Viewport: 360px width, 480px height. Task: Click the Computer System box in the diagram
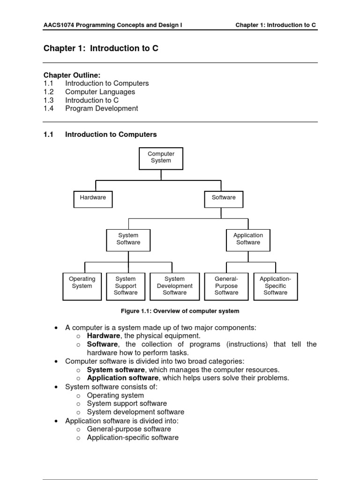coord(161,158)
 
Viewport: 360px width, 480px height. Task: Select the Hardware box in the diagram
coord(93,199)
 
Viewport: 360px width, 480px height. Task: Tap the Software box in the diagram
coord(224,199)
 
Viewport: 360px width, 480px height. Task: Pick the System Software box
coord(128,240)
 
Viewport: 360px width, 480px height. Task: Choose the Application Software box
coord(248,240)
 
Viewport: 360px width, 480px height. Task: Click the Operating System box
coord(82,286)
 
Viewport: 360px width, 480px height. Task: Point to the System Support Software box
coord(126,286)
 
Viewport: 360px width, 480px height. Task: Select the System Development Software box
coord(174,286)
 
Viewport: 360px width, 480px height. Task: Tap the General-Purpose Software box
coord(226,286)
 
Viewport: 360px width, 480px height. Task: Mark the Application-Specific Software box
coord(275,286)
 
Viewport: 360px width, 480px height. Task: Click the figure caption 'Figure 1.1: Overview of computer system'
coord(180,311)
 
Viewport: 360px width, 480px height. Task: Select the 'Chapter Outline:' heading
coord(72,75)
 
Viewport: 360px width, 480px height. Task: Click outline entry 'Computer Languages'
coord(100,92)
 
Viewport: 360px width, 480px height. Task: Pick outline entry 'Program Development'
coord(102,108)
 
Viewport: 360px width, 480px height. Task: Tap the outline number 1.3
coord(49,100)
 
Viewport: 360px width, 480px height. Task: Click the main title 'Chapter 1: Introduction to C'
coord(101,48)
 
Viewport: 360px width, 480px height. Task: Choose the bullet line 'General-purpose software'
coord(129,429)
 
